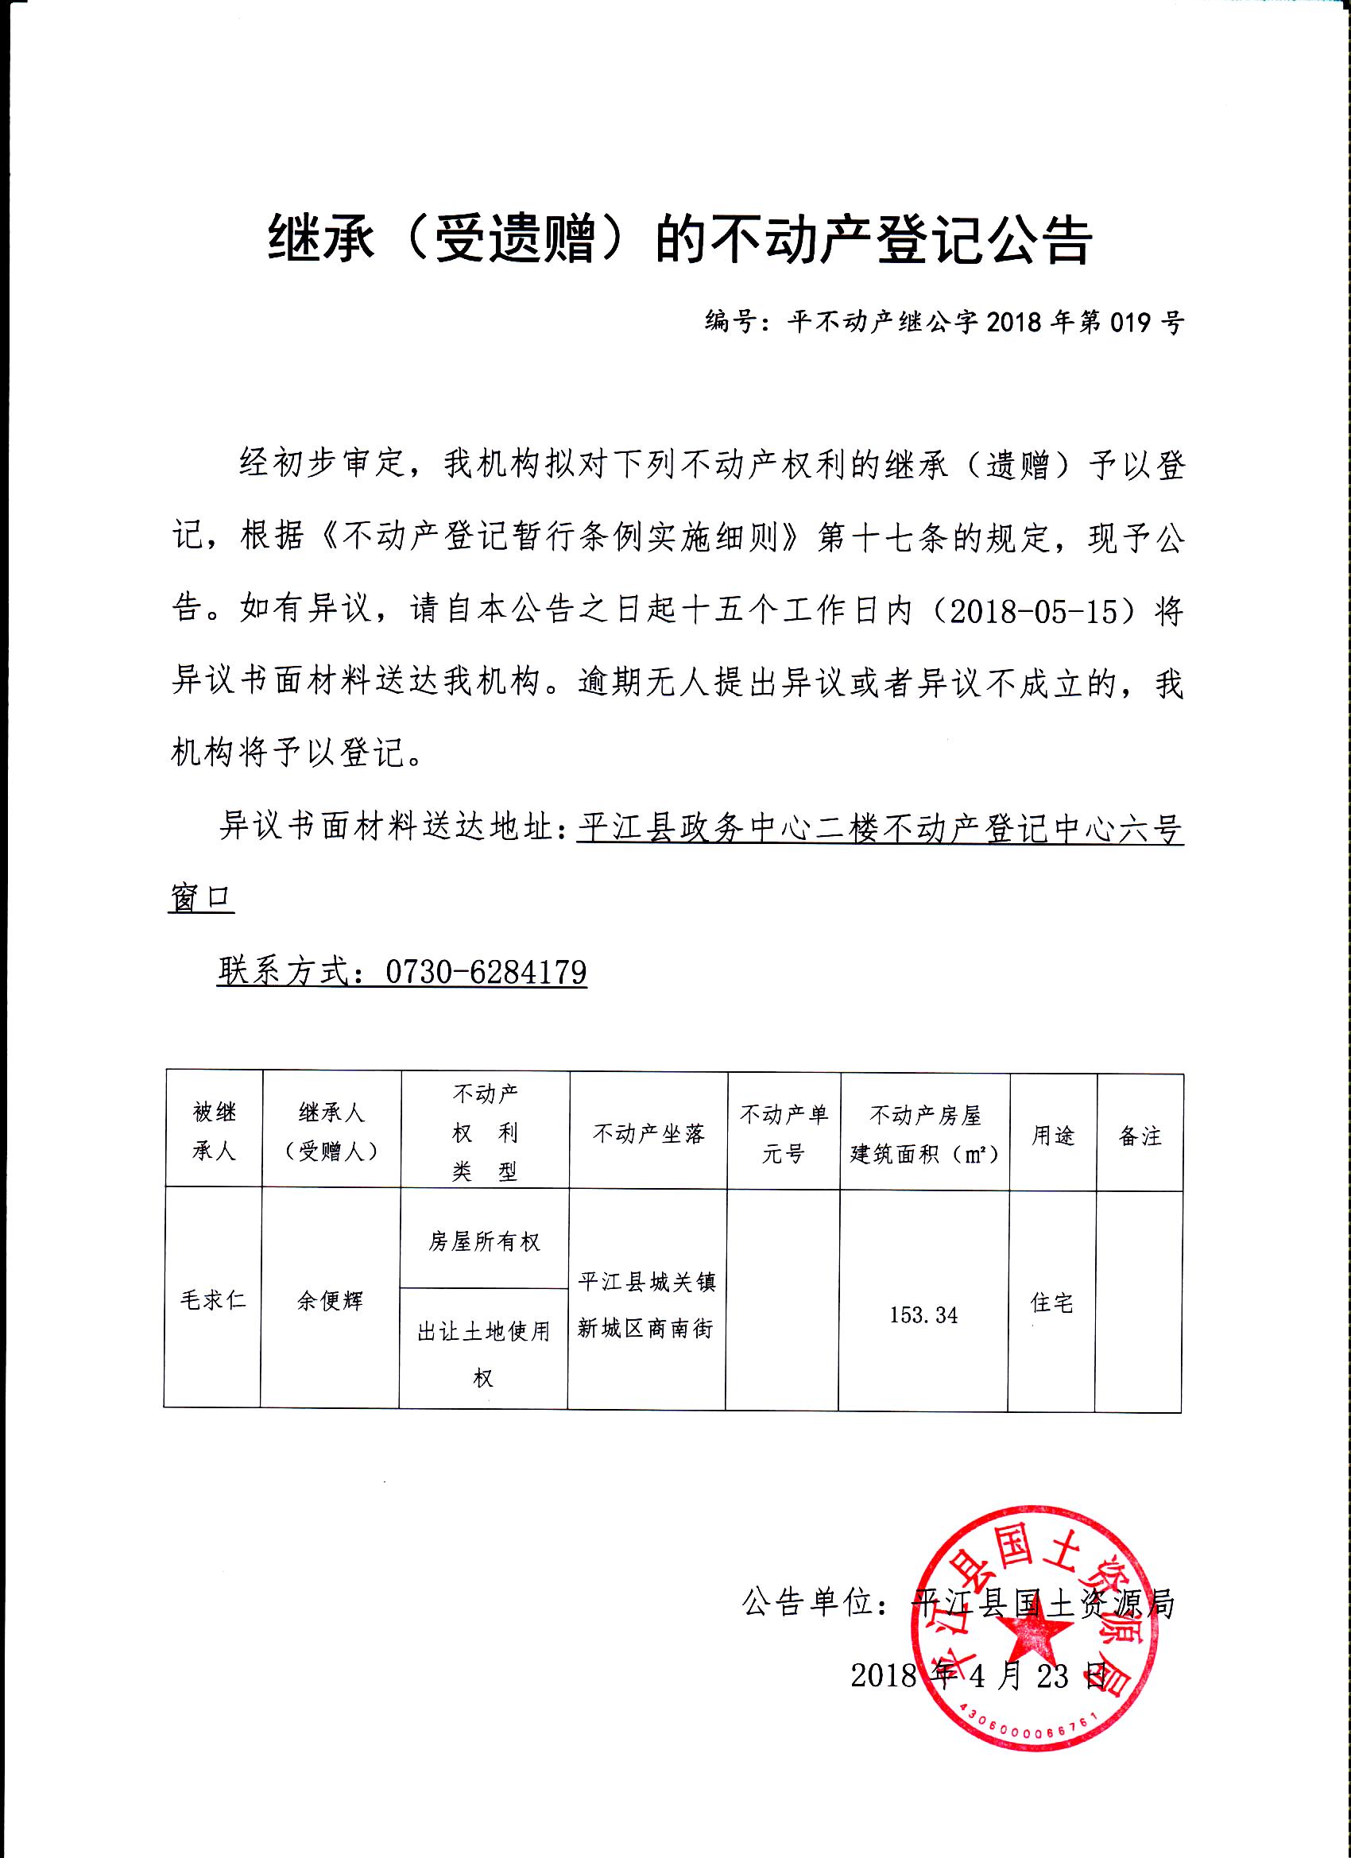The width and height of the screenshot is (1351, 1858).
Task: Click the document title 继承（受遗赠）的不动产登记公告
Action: coord(680,240)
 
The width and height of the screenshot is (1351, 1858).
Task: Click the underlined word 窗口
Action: coord(202,898)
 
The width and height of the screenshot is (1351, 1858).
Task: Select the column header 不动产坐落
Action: coord(648,1134)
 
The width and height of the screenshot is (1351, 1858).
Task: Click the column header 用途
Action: coord(1053,1136)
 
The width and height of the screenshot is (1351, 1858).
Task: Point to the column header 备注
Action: coord(1140,1136)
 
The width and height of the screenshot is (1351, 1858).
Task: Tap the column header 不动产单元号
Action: coord(784,1134)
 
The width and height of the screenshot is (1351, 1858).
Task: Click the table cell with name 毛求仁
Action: coord(213,1300)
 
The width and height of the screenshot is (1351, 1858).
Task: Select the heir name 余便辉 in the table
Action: coord(330,1301)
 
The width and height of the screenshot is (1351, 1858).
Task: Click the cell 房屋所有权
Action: coord(484,1242)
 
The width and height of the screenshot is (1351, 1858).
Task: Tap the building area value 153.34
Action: coord(923,1315)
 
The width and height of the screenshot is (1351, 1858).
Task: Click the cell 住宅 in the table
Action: coord(1052,1303)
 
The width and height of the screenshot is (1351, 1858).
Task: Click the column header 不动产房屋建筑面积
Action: coord(924,1135)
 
